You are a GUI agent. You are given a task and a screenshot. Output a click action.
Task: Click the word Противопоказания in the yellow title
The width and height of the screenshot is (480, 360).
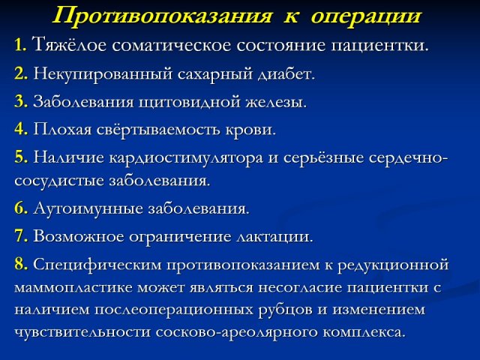point(162,16)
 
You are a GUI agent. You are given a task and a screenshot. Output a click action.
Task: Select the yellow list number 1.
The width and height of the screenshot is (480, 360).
point(20,45)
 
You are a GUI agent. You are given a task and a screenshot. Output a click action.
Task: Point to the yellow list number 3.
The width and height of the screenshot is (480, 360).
point(21,101)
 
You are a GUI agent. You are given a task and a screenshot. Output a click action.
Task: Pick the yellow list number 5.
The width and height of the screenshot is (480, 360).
point(21,157)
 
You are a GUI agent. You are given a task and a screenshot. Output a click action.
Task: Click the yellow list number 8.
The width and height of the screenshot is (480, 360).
point(21,263)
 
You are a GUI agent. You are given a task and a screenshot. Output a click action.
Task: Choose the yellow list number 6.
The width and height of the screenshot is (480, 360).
point(21,208)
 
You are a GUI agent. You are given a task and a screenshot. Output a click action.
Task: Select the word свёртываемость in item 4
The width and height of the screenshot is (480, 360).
point(158,130)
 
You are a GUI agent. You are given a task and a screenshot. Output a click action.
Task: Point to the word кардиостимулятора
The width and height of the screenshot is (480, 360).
point(186,158)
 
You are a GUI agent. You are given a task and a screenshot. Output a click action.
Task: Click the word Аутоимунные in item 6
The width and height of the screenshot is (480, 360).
point(88,209)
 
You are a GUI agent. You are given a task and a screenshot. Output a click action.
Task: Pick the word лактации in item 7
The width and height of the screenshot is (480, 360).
point(275,237)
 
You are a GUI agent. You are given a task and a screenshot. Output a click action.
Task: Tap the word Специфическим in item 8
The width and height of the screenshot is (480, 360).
point(97,265)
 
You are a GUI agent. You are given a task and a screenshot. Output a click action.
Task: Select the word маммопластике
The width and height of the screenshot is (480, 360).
point(73,288)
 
